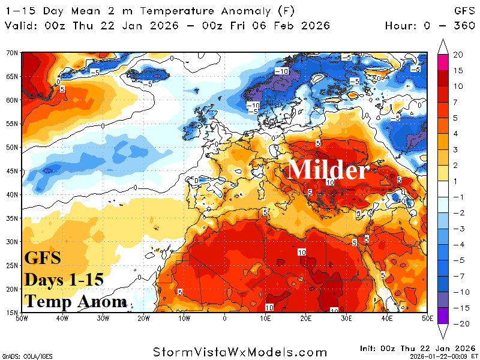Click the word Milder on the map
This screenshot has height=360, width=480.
(x=328, y=170)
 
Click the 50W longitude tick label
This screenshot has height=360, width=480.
(x=22, y=317)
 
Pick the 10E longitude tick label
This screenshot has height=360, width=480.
(x=265, y=317)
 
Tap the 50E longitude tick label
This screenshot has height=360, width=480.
(x=427, y=317)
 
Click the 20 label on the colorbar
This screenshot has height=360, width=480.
(x=458, y=55)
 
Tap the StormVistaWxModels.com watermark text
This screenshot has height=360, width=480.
(x=240, y=352)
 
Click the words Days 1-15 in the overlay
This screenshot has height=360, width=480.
(x=64, y=280)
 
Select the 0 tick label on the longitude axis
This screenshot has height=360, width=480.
(x=225, y=317)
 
